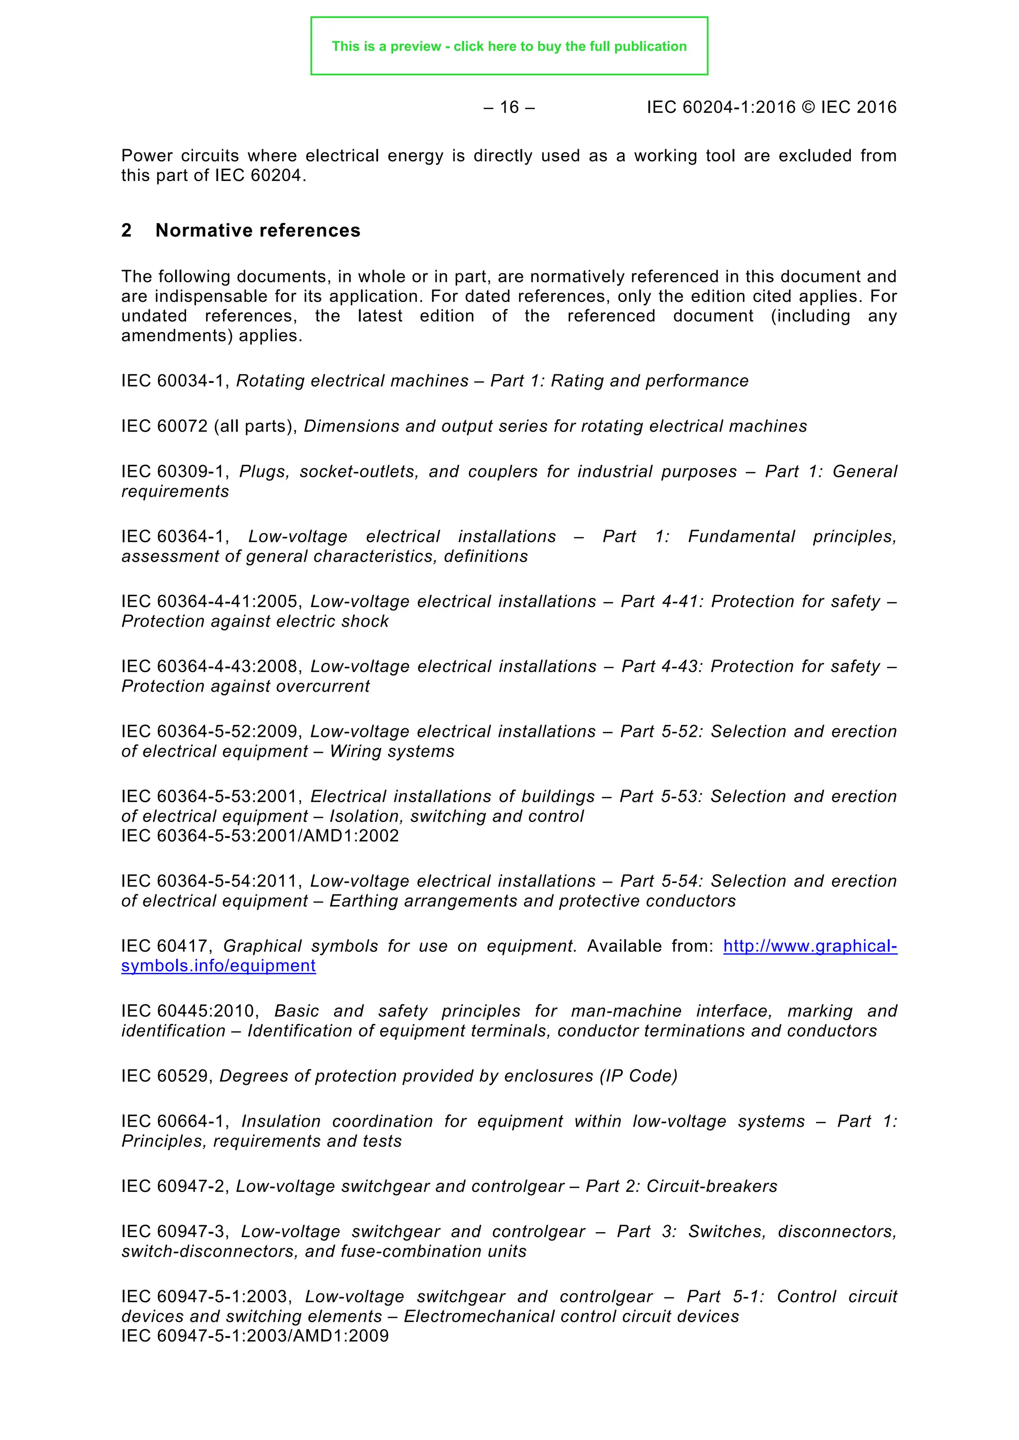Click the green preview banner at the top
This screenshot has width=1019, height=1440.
pyautogui.click(x=509, y=46)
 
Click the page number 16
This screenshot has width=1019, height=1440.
pyautogui.click(x=509, y=107)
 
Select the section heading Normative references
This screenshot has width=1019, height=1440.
pyautogui.click(x=258, y=231)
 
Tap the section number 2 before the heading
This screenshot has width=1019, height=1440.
pyautogui.click(x=126, y=231)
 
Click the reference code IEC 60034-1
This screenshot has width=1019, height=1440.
pyautogui.click(x=173, y=381)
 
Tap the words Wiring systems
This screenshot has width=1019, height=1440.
pyautogui.click(x=392, y=751)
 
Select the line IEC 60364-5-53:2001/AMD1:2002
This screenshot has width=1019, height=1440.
pyautogui.click(x=260, y=836)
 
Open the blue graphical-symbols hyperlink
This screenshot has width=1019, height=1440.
pyautogui.click(x=810, y=946)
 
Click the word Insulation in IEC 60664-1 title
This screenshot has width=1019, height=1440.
pyautogui.click(x=281, y=1121)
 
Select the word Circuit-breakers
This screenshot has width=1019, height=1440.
pyautogui.click(x=712, y=1186)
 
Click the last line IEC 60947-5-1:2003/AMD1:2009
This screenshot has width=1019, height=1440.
pyautogui.click(x=255, y=1336)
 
